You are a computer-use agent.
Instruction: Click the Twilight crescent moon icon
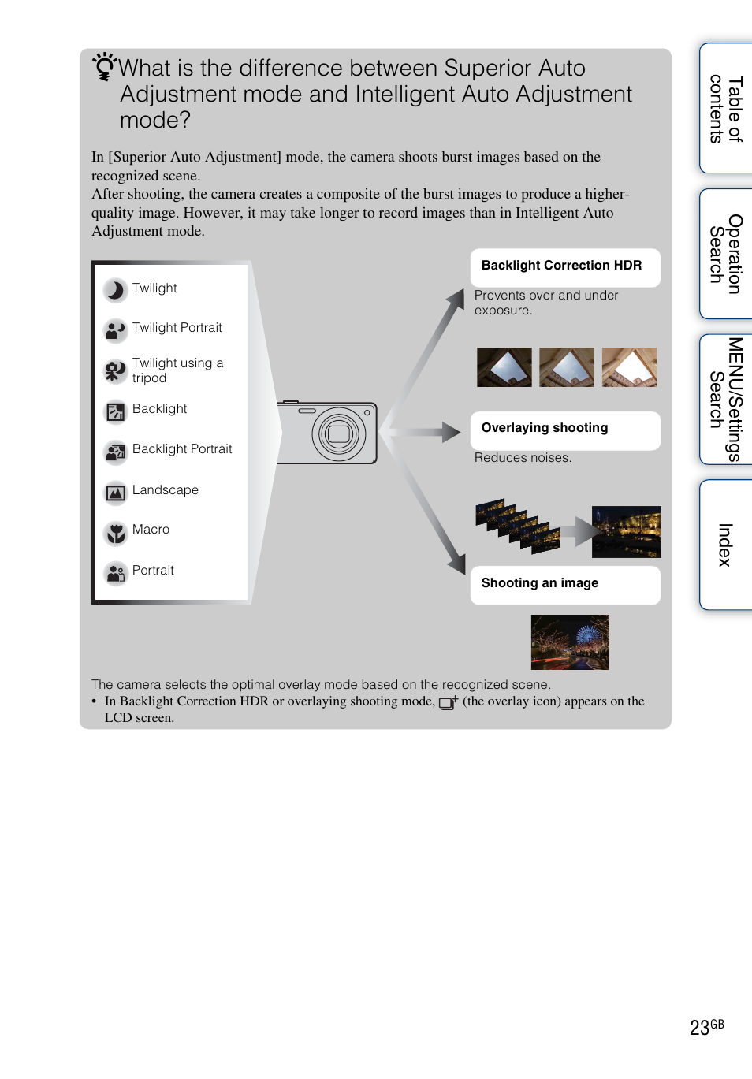point(115,290)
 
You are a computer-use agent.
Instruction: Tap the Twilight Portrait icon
point(115,329)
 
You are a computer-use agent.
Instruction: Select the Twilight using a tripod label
point(177,370)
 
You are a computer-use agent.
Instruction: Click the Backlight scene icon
point(115,411)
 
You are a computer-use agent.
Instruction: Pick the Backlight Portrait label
point(182,449)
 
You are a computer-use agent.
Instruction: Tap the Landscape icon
point(115,493)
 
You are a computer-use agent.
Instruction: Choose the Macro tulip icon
point(115,533)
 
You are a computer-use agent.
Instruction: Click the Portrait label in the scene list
point(153,571)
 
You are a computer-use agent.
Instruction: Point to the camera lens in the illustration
point(339,433)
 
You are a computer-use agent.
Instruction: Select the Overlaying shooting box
point(564,430)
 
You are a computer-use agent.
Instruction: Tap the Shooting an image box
point(564,584)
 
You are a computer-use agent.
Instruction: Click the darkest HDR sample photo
point(504,367)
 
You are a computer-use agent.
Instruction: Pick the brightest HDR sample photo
point(629,367)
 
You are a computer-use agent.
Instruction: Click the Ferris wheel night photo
point(570,642)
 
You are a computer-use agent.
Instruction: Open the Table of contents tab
point(725,109)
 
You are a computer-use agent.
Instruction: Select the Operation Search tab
point(725,254)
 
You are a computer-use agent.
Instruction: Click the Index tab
point(725,545)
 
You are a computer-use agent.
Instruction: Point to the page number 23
point(699,1028)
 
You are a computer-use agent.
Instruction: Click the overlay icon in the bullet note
point(448,702)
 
